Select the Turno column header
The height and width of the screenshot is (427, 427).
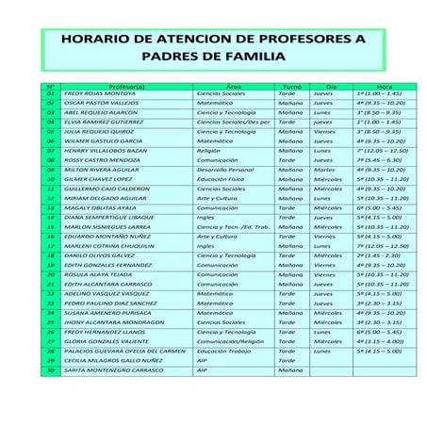291,86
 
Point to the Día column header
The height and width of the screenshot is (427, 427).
330,86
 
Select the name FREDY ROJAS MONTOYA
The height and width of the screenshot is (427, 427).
99,94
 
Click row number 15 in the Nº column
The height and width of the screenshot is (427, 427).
51,227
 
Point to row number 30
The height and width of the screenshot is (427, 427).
51,370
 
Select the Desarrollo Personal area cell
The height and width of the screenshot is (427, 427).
225,170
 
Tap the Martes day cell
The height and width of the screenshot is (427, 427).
322,170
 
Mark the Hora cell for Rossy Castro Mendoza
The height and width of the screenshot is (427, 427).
379,160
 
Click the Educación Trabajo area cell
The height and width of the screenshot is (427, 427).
223,351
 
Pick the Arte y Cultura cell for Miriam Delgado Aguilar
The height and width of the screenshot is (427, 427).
217,198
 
